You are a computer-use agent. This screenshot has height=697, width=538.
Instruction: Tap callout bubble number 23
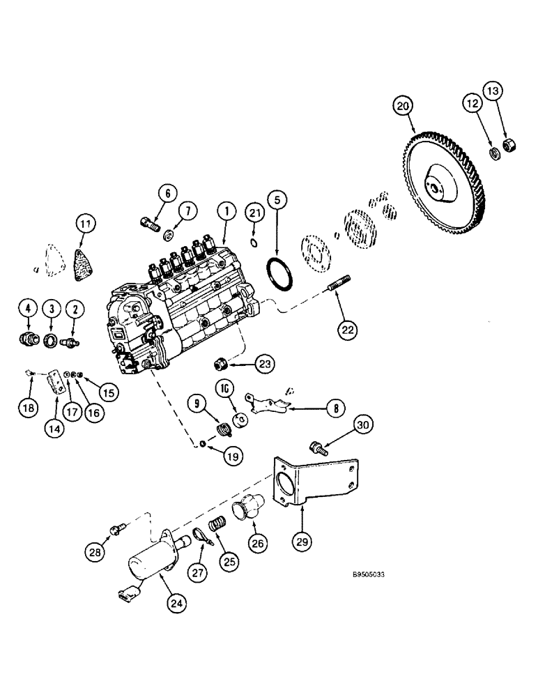(x=246, y=363)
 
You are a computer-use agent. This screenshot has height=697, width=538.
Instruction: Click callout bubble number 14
(x=54, y=429)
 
